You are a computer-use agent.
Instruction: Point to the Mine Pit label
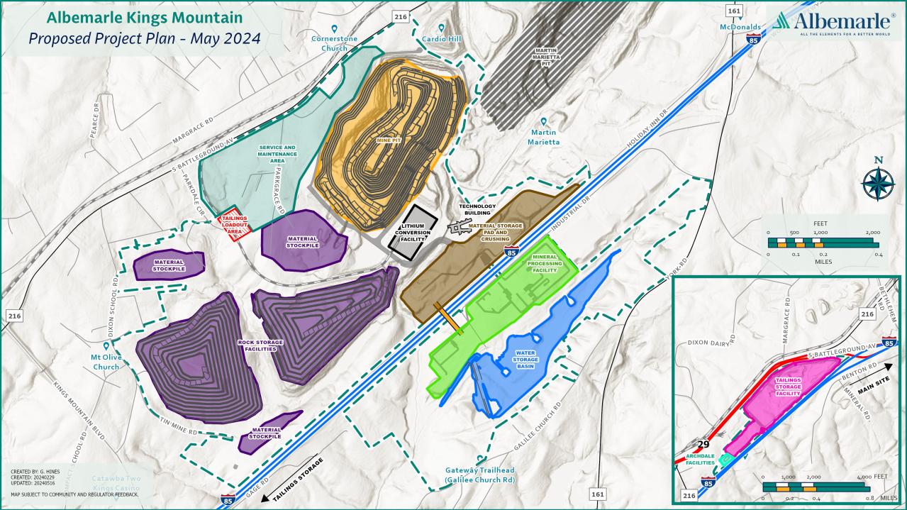(x=388, y=141)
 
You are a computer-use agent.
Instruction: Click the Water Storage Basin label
(x=524, y=360)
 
